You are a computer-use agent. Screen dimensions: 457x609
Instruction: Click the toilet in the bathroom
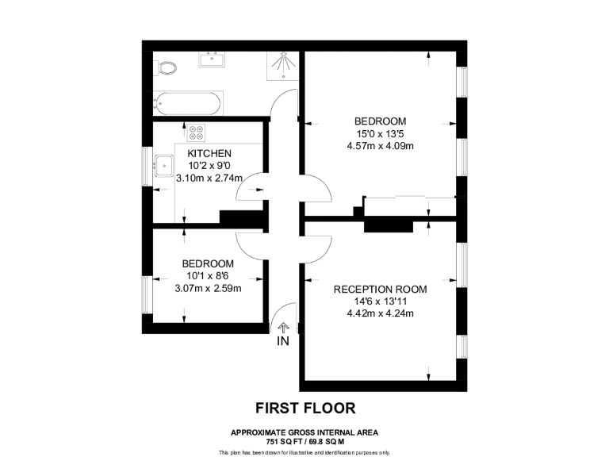pyautogui.click(x=167, y=68)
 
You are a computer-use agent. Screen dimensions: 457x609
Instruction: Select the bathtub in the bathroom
pyautogui.click(x=189, y=102)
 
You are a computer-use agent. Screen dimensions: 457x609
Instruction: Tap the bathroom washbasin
pyautogui.click(x=213, y=58)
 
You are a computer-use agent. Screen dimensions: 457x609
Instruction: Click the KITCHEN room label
pyautogui.click(x=209, y=153)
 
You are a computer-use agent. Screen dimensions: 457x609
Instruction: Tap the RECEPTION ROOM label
pyautogui.click(x=381, y=289)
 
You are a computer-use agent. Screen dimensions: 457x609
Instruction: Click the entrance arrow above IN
pyautogui.click(x=283, y=326)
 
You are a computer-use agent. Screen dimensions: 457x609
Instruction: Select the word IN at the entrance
pyautogui.click(x=283, y=342)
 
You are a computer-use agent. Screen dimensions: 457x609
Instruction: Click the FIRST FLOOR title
pyautogui.click(x=304, y=409)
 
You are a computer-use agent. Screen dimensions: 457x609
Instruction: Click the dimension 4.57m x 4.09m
pyautogui.click(x=381, y=145)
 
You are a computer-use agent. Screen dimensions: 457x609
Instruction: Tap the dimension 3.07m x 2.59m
pyautogui.click(x=208, y=288)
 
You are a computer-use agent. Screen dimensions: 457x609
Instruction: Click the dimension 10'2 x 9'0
pyautogui.click(x=209, y=166)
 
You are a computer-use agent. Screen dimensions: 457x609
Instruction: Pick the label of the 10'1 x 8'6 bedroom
pyautogui.click(x=208, y=263)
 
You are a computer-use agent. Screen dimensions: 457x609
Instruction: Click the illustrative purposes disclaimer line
pyautogui.click(x=304, y=452)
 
